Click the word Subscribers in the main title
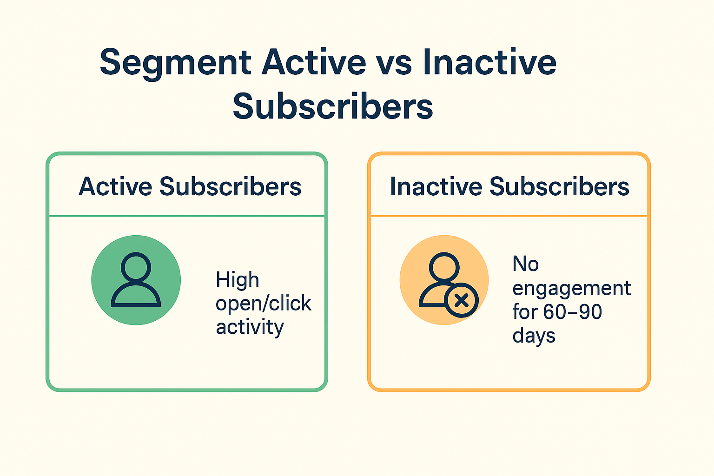(x=333, y=106)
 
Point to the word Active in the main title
(x=314, y=62)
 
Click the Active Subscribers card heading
(x=190, y=186)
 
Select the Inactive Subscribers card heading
(x=509, y=186)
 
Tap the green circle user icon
(x=136, y=280)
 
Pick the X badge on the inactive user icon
(x=461, y=301)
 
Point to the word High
(x=237, y=280)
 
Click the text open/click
(x=263, y=304)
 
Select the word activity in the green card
(x=250, y=327)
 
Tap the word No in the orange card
(x=525, y=264)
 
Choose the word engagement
(x=571, y=289)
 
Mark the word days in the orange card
(x=534, y=336)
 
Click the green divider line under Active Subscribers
(x=187, y=216)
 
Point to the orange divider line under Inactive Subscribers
(x=509, y=216)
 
